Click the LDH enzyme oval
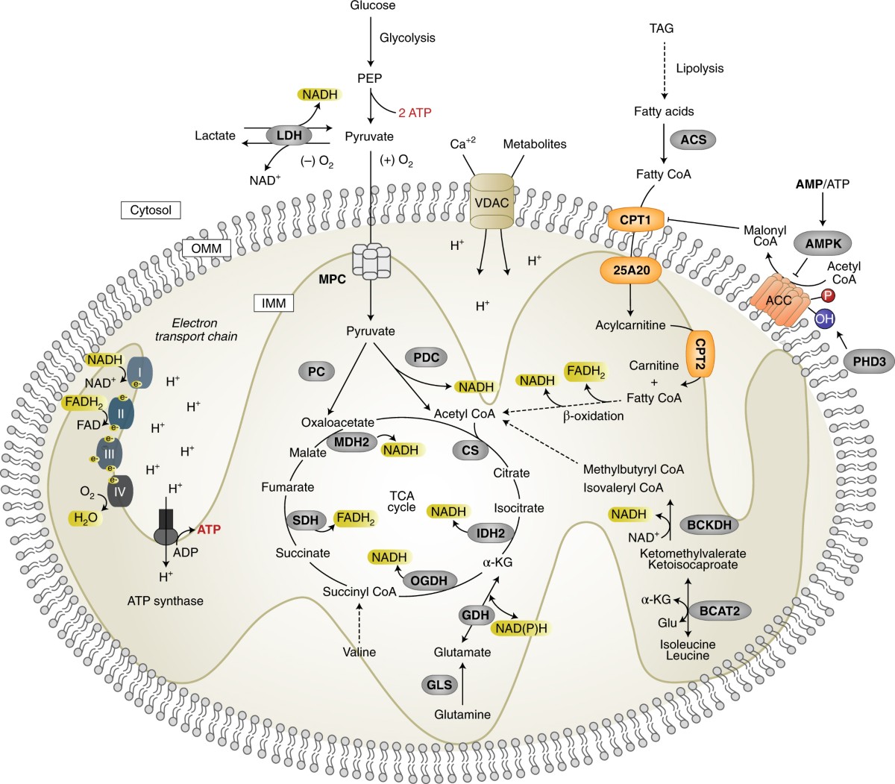pos(289,136)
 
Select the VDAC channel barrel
pos(492,201)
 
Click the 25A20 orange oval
pos(631,270)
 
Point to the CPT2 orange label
pos(700,353)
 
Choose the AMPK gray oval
pos(823,243)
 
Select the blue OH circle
pos(824,317)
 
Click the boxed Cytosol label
pos(151,210)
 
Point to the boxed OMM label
pos(207,248)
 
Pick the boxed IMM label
pos(274,303)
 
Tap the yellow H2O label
pos(86,518)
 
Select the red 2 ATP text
pos(415,113)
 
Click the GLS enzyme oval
pos(440,684)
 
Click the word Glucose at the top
pos(372,6)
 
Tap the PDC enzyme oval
pos(426,357)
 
